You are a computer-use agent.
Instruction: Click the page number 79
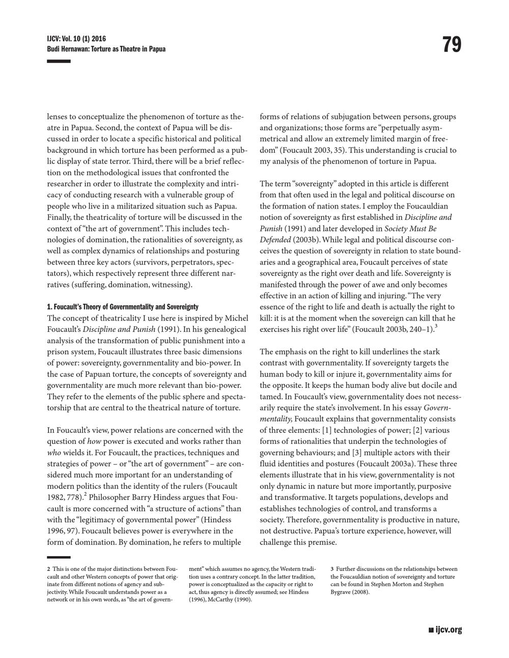point(452,45)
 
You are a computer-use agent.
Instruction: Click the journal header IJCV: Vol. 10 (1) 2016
point(76,39)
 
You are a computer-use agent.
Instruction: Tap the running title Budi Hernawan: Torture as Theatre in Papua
point(106,49)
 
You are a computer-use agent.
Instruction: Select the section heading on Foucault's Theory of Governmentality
point(123,307)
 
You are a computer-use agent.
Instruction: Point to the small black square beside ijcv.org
point(432,630)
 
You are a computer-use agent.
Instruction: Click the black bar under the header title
point(59,61)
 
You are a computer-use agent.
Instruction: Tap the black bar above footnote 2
point(59,558)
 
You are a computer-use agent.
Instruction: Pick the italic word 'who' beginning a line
point(54,453)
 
